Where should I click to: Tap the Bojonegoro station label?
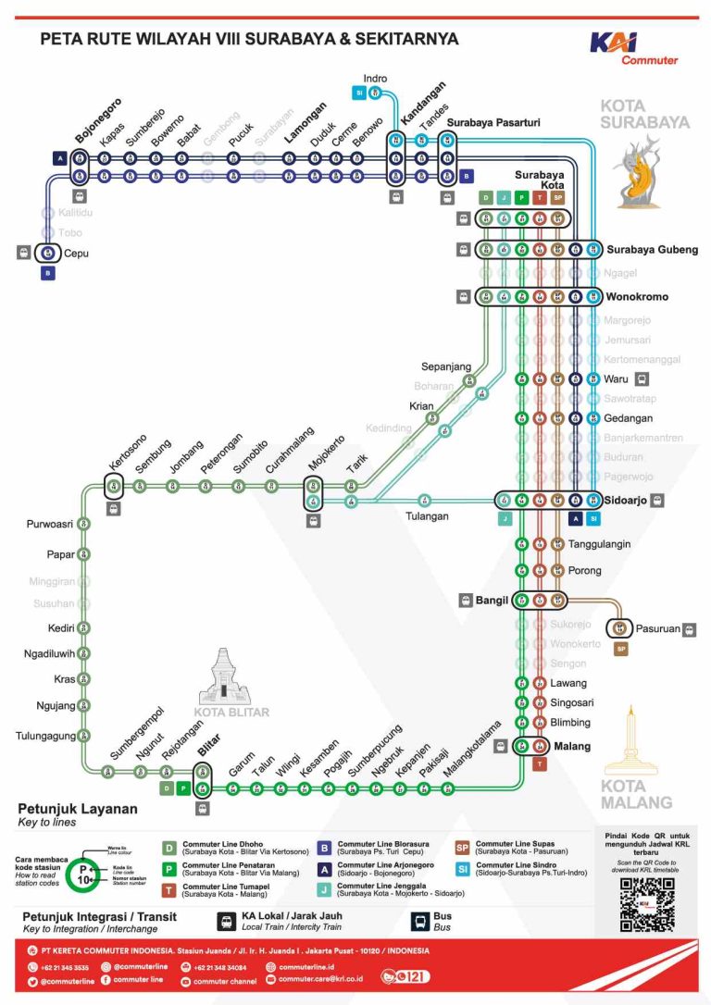pyautogui.click(x=97, y=119)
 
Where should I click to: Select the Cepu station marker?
pyautogui.click(x=48, y=253)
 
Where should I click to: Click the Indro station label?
pyautogui.click(x=375, y=79)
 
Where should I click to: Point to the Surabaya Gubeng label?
pyautogui.click(x=652, y=249)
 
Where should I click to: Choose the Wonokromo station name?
pyautogui.click(x=637, y=297)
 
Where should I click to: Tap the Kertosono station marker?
pyautogui.click(x=114, y=485)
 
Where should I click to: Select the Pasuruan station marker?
pyautogui.click(x=619, y=628)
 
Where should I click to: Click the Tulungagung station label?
pyautogui.click(x=44, y=737)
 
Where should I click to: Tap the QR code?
pyautogui.click(x=646, y=904)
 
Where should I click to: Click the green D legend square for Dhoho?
pyautogui.click(x=169, y=848)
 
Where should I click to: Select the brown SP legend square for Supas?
pyautogui.click(x=461, y=848)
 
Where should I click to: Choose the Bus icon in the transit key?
pyautogui.click(x=418, y=921)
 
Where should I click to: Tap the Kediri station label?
pyautogui.click(x=61, y=627)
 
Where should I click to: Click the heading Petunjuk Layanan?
pyautogui.click(x=78, y=809)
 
